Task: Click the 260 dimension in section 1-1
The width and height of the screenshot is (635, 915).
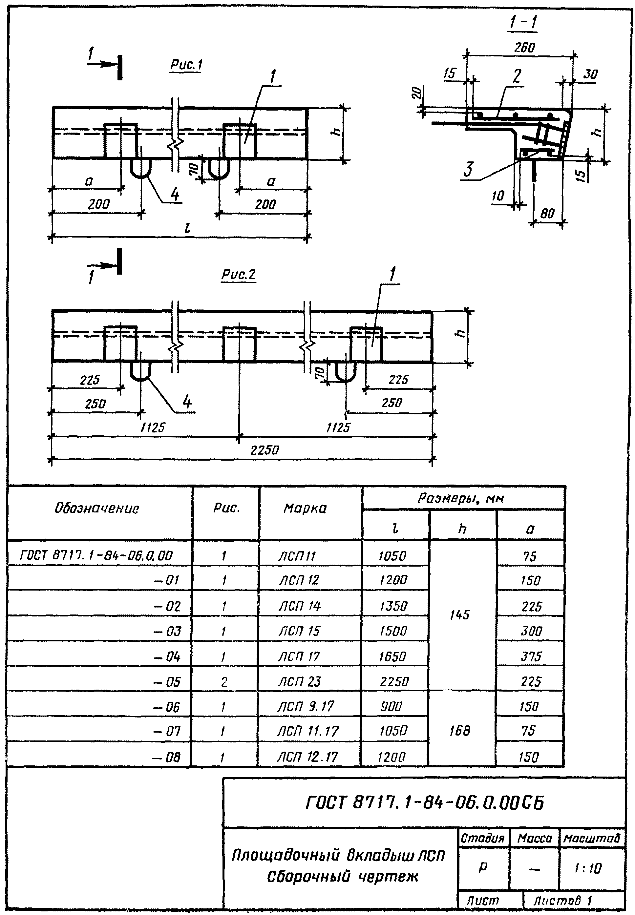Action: pyautogui.click(x=524, y=48)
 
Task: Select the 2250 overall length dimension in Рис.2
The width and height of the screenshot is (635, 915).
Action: pyautogui.click(x=265, y=450)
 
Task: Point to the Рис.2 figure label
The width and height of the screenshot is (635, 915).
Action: pyautogui.click(x=238, y=274)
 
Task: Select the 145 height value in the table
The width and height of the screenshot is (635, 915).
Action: pyautogui.click(x=459, y=615)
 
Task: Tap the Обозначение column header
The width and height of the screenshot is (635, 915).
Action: pyautogui.click(x=97, y=508)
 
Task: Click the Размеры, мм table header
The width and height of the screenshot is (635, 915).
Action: pyautogui.click(x=460, y=498)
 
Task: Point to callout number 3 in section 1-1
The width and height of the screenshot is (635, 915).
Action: pyautogui.click(x=468, y=169)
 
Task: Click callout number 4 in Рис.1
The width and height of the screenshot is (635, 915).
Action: pyautogui.click(x=175, y=195)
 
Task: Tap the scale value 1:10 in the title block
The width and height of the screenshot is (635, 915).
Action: pyautogui.click(x=588, y=868)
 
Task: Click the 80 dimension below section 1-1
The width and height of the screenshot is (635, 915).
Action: pyautogui.click(x=547, y=214)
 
